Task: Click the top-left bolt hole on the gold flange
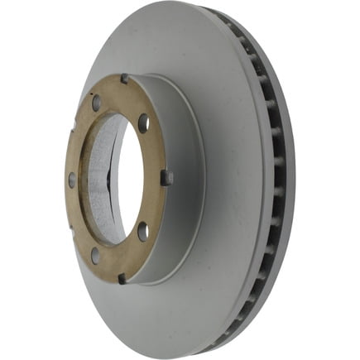(96, 103)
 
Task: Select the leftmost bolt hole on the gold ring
(72, 178)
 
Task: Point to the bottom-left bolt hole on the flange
(94, 254)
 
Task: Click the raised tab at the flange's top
(124, 79)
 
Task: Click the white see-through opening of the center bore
(129, 178)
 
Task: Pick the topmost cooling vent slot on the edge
(225, 20)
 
